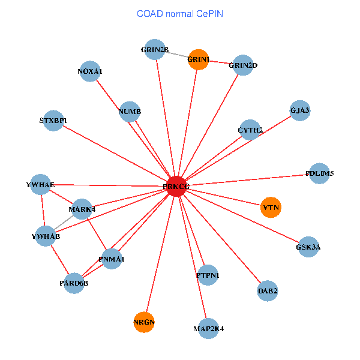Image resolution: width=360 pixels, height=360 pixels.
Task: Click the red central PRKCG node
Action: tap(176, 187)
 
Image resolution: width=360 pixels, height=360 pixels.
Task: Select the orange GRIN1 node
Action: tap(198, 59)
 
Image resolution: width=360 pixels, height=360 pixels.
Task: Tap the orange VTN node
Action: tap(271, 208)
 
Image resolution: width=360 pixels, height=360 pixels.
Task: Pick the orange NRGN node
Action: tap(144, 322)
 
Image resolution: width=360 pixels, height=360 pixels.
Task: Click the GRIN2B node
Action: tap(155, 50)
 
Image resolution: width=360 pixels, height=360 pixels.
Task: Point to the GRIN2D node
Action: tap(242, 65)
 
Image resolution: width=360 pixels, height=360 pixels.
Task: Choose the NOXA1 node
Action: tap(89, 71)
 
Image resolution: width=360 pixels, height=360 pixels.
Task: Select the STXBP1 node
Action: tap(53, 121)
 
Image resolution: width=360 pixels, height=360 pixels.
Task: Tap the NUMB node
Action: tap(130, 112)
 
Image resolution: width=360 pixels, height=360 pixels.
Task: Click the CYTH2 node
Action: tap(250, 130)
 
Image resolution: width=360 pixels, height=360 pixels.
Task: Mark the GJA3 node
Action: tap(299, 110)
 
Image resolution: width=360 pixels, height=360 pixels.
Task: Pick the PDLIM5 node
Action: tap(319, 173)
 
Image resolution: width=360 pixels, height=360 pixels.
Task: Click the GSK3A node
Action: tap(308, 247)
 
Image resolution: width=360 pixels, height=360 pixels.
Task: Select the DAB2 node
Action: tap(268, 291)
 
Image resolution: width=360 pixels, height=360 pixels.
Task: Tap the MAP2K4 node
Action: tap(208, 328)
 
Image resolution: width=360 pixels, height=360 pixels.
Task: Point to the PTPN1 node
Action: tap(207, 275)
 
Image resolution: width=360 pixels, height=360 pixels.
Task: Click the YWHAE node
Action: tap(41, 184)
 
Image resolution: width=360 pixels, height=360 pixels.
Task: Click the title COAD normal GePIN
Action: tap(180, 13)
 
